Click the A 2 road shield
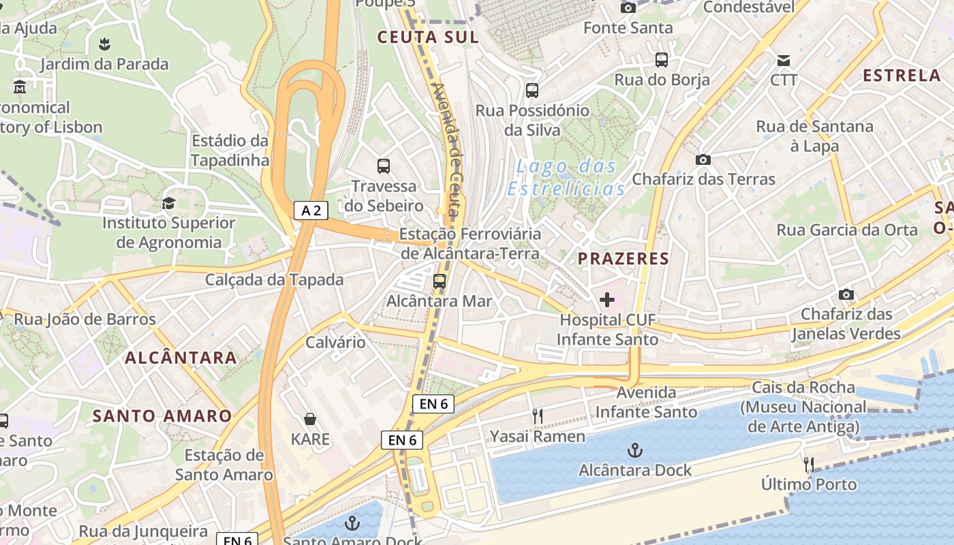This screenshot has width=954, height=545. pos(311,211)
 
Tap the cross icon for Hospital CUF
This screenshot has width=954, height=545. pos(607,300)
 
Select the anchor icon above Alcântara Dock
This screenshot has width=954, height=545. pos(635,450)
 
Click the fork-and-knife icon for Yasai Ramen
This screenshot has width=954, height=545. pos(538,416)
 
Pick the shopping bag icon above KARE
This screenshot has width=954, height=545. pos(310,419)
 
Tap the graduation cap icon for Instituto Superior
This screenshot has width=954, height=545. pos(168,203)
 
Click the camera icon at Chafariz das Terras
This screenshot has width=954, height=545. pos(703,159)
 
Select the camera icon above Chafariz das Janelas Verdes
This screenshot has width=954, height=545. pos(846,294)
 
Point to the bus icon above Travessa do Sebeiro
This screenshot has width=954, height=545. pos(384,166)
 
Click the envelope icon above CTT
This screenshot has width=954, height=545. pos(784,60)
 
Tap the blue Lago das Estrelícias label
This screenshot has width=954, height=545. pos(566,177)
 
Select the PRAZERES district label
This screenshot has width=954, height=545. pos(624,259)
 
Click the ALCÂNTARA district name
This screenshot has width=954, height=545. pos(181,358)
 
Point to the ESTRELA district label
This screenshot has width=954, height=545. pos(902,76)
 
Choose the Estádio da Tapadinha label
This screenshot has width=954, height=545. pos(230,151)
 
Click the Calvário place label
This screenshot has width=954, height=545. pos(335,342)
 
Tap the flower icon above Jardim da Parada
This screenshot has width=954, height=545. pos(104,44)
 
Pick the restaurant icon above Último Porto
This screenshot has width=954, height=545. pos(809,465)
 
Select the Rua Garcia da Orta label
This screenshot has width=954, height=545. pos(847,230)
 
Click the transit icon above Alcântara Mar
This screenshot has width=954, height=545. pos(440,281)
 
